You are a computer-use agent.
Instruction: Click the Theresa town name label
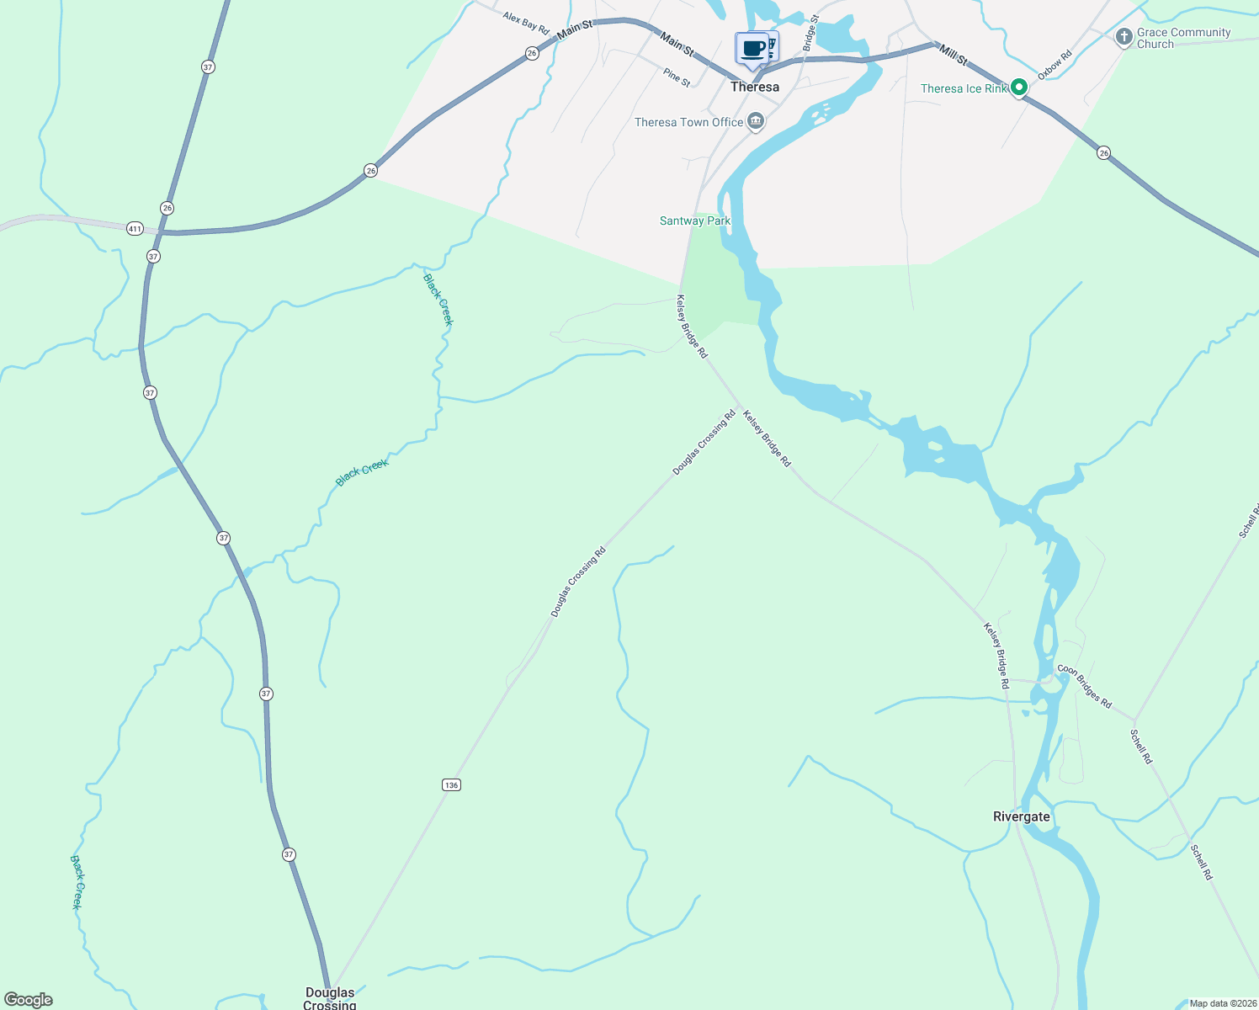click(754, 87)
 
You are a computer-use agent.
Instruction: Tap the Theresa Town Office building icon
click(756, 122)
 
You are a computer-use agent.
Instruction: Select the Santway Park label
click(694, 221)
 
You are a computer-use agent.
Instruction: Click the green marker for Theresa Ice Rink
click(1018, 87)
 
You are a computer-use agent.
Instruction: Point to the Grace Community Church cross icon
click(1124, 37)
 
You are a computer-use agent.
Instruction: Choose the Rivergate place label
click(1021, 816)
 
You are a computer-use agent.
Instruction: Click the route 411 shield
click(135, 228)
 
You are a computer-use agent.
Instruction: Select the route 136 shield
click(451, 784)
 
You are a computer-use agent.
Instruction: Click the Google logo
click(29, 1000)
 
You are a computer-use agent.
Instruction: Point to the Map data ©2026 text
click(1222, 1003)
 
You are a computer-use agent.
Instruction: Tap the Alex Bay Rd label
click(525, 23)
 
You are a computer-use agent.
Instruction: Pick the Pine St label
click(677, 77)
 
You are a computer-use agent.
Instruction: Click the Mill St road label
click(954, 56)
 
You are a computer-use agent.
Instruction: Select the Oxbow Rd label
click(1054, 65)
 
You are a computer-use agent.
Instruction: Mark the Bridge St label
click(810, 32)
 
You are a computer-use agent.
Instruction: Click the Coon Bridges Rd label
click(1084, 686)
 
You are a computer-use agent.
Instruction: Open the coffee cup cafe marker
click(752, 49)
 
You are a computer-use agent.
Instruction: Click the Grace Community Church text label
click(1183, 38)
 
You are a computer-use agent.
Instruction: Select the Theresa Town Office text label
click(688, 122)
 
